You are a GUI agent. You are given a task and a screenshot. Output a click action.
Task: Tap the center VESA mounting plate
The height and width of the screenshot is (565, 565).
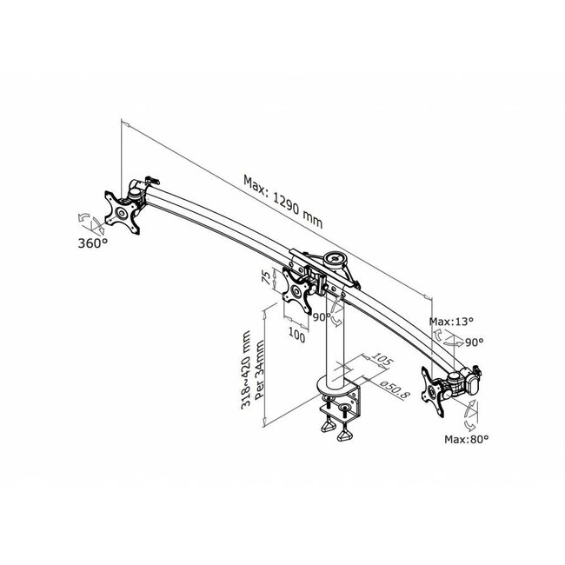(296, 292)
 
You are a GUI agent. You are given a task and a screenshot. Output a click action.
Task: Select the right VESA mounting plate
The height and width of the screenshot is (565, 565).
(437, 388)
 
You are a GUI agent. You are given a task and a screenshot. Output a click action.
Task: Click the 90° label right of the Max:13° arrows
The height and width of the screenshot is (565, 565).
(475, 342)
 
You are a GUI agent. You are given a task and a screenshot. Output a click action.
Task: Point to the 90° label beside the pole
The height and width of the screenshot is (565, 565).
(322, 317)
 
